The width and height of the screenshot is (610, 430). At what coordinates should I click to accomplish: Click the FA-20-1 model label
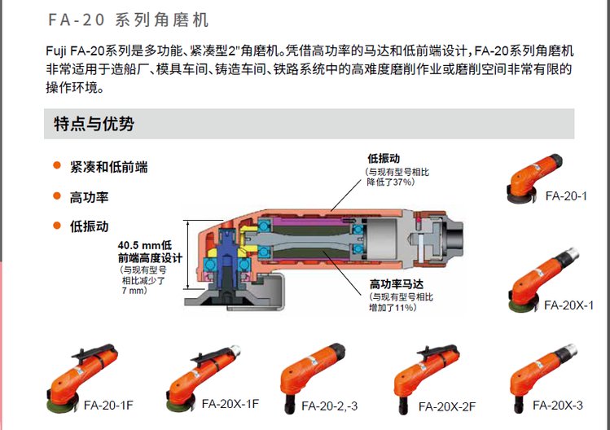(566, 195)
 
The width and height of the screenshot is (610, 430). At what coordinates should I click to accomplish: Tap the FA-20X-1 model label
(568, 305)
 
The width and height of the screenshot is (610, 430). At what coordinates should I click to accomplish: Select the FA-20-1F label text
(108, 405)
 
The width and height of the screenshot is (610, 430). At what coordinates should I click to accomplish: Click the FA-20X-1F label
(230, 404)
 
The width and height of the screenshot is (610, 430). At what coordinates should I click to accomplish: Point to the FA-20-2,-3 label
(330, 406)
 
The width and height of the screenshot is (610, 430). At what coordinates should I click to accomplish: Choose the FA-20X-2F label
(447, 406)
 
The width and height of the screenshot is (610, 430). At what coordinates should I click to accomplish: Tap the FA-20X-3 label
(558, 405)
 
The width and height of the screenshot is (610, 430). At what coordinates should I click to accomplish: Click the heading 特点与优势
(94, 124)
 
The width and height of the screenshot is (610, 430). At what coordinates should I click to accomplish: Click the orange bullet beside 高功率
(57, 195)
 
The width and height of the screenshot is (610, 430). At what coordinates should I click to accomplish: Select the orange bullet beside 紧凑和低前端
(57, 165)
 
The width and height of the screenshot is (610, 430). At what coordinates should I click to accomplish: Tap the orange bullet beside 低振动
(57, 226)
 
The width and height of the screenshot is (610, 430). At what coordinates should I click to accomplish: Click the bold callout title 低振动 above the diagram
(384, 158)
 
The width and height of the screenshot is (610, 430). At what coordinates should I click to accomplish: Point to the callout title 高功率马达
(397, 284)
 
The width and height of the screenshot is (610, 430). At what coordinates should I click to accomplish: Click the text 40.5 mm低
(145, 245)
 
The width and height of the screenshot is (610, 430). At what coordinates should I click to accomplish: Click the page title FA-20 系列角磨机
(129, 20)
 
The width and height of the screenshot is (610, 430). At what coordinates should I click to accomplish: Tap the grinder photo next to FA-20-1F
(81, 378)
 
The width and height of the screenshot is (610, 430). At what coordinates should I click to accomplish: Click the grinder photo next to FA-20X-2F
(426, 378)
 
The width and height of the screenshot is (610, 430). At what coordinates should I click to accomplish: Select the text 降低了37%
(391, 182)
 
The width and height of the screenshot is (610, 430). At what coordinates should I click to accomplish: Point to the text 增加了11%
(393, 307)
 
